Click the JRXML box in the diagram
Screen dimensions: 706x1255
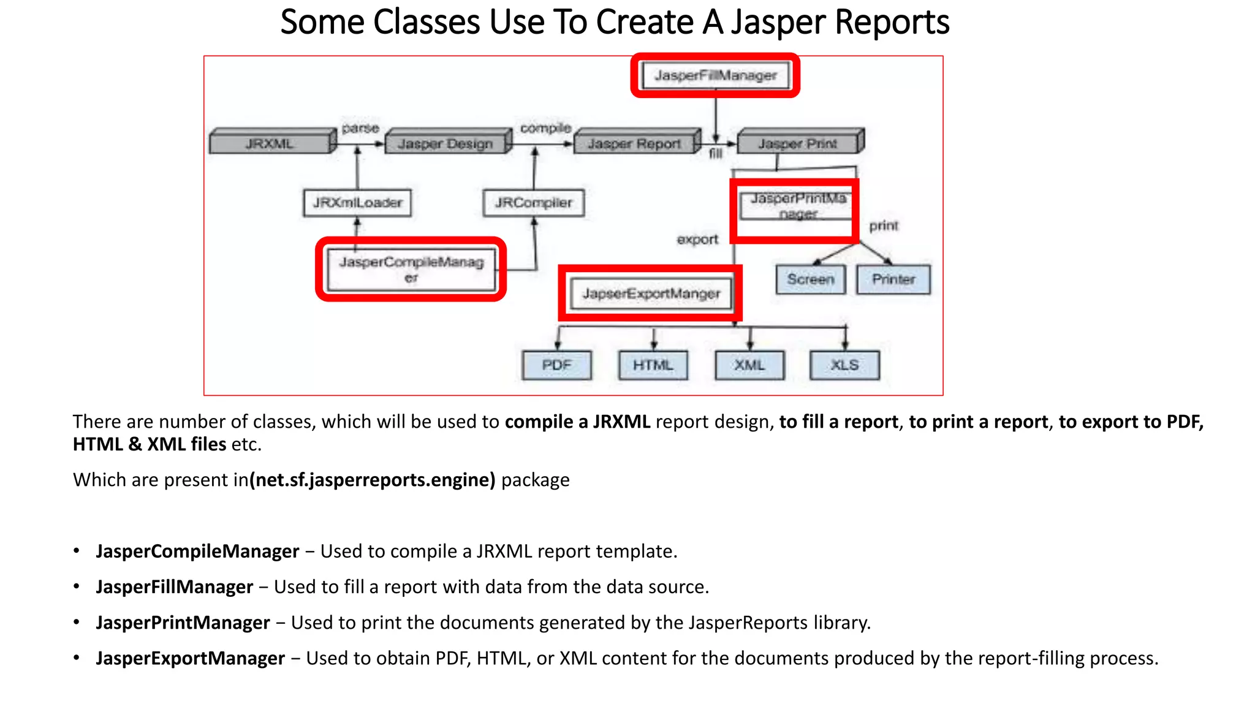click(270, 143)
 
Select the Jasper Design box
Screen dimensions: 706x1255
click(446, 143)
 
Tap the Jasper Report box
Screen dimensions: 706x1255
click(634, 143)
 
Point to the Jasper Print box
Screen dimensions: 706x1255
click(797, 143)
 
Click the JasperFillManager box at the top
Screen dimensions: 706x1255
click(715, 75)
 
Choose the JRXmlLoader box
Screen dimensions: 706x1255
click(357, 203)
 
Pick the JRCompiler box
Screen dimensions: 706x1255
click(533, 203)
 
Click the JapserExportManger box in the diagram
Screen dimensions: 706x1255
click(651, 294)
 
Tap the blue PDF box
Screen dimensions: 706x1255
click(556, 365)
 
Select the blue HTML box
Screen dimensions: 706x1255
click(653, 365)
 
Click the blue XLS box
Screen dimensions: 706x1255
click(844, 365)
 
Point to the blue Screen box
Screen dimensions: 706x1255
click(810, 279)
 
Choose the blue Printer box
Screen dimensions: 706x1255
click(893, 279)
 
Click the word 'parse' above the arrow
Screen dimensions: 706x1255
click(360, 128)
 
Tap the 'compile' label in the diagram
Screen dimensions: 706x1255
click(545, 128)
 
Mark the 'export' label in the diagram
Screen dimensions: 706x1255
click(697, 240)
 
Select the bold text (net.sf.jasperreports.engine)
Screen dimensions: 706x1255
click(373, 480)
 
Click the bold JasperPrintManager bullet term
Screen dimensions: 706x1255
click(183, 623)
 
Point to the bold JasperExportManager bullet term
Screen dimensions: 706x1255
click(190, 658)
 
